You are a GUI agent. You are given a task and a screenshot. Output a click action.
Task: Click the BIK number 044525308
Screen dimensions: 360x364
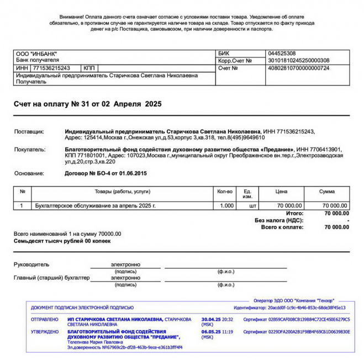[281, 54]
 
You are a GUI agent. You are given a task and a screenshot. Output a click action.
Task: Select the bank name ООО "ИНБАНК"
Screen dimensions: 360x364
[36, 54]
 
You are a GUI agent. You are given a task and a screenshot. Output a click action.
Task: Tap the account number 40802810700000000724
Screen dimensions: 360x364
[298, 68]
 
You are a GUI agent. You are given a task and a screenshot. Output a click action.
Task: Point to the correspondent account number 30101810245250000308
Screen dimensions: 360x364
[298, 61]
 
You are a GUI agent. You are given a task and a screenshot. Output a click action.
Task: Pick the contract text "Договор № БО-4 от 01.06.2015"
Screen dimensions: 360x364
[106, 173]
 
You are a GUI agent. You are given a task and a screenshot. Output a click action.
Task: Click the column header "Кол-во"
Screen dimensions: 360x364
[225, 191]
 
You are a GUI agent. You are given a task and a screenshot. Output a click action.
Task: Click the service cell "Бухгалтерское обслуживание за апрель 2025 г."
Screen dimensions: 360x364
[95, 205]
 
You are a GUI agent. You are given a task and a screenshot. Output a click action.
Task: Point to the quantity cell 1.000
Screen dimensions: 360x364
[226, 205]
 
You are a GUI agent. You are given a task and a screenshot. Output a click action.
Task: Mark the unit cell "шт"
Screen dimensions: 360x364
[252, 205]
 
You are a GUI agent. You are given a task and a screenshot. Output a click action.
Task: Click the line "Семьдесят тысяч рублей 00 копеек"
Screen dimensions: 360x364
[62, 241]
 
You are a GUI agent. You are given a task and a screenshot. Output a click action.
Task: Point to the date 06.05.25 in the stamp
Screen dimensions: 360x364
[211, 332]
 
